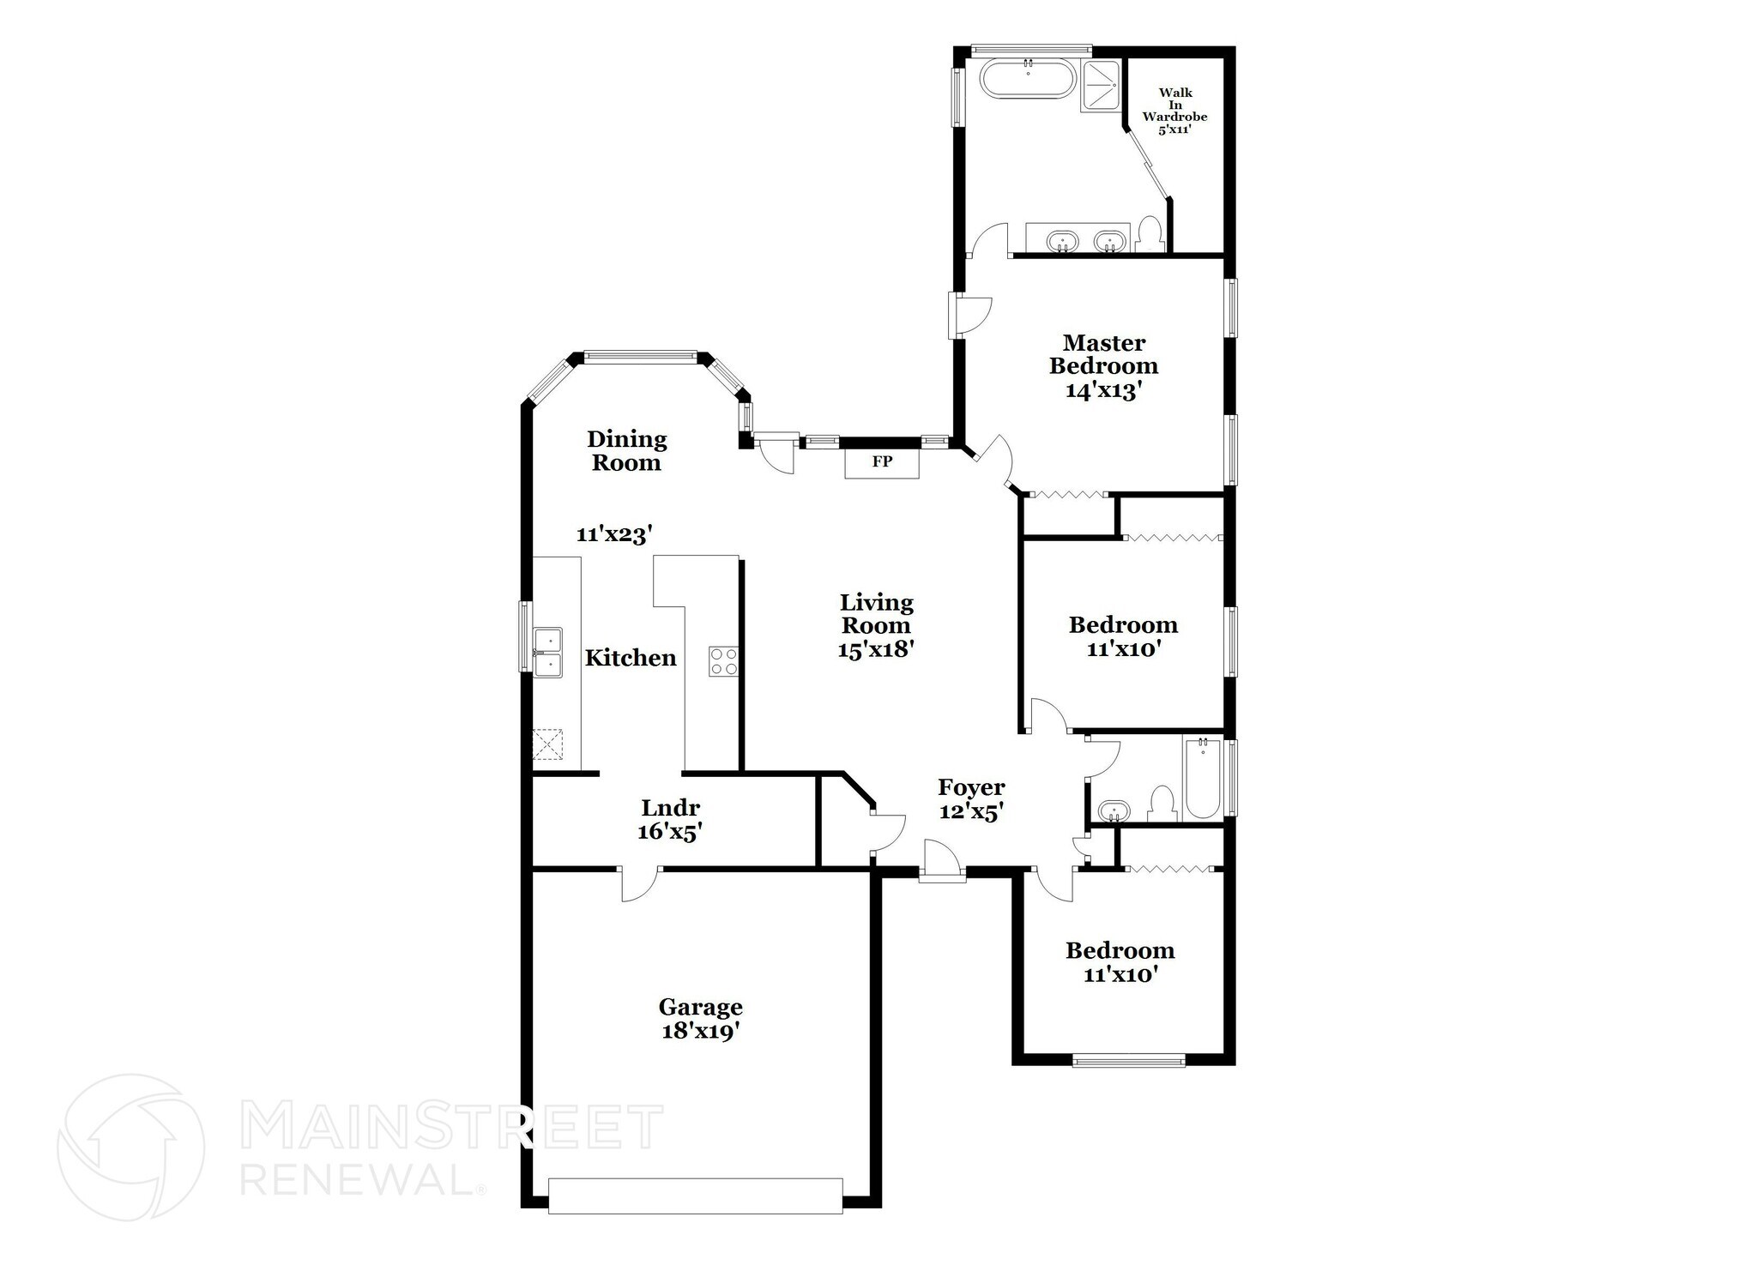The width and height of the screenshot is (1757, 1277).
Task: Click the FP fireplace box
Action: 882,463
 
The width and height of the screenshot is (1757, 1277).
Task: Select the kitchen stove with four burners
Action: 723,661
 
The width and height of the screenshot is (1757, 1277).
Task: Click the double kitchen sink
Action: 547,652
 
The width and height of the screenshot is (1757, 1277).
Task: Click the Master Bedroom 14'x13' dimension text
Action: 1104,391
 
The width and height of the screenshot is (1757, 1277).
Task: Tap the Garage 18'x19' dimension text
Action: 700,1031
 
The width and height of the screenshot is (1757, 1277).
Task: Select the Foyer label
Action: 971,787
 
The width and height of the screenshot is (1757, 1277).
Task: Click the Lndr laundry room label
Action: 671,808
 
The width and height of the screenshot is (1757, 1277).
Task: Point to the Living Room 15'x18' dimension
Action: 875,650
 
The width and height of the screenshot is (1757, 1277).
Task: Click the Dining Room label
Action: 626,451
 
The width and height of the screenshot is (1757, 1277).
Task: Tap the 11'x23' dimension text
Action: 614,534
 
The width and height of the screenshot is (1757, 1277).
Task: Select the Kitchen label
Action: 631,658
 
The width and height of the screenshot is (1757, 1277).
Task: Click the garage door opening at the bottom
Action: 695,1196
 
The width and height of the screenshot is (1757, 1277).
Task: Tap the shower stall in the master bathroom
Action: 1102,85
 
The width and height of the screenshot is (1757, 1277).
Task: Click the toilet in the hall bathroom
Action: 1161,804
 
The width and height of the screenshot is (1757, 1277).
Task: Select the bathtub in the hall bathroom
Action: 1203,779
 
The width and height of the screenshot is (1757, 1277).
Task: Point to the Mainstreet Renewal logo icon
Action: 130,1147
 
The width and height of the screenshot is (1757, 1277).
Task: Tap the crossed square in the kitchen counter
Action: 547,744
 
